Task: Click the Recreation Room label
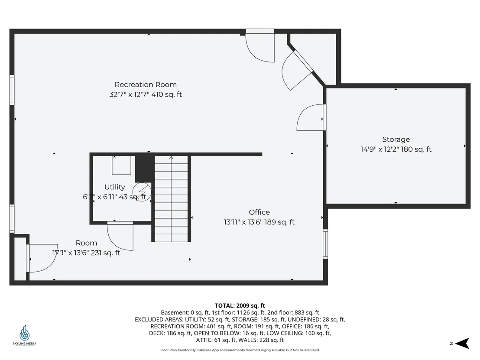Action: (146, 84)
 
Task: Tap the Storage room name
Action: (396, 139)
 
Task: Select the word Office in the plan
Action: (259, 212)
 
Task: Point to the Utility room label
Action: (114, 187)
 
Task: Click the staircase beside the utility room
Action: (171, 198)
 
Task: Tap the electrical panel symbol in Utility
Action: (142, 192)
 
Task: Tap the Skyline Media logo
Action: (25, 335)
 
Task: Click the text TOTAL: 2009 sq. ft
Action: (240, 305)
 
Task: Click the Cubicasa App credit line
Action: (240, 350)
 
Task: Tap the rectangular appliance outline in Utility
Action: (122, 165)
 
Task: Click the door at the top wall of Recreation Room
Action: (260, 46)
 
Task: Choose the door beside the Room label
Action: (42, 258)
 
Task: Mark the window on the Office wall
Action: (325, 244)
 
